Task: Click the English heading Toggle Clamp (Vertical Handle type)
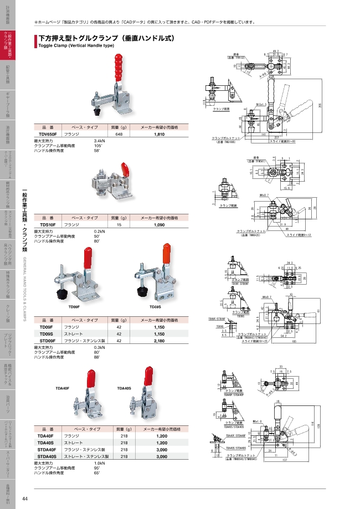(75, 47)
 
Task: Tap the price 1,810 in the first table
(160, 134)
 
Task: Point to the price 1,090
(160, 225)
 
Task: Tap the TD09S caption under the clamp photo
(155, 306)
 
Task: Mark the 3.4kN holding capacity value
(100, 141)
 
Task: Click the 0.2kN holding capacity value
(100, 232)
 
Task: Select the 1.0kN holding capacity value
(100, 463)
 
